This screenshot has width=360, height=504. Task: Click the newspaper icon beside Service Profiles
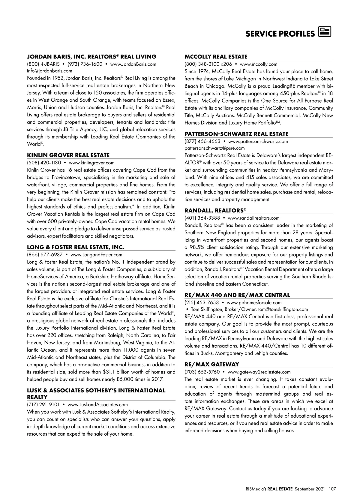click(325, 32)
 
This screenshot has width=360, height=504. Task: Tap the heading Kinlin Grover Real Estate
click(68, 155)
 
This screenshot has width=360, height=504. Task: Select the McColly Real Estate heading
click(216, 56)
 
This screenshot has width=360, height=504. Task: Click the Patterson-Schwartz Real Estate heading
click(236, 134)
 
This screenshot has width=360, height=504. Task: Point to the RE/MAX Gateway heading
click(212, 364)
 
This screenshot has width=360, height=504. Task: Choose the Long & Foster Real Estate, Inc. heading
click(75, 247)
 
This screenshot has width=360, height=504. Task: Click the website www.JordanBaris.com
click(133, 64)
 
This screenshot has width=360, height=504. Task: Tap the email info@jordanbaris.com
click(49, 71)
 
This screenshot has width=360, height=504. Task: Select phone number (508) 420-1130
click(44, 163)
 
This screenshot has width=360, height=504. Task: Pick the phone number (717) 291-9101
click(43, 404)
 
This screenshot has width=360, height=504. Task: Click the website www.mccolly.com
click(259, 64)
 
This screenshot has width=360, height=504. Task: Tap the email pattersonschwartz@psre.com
click(214, 148)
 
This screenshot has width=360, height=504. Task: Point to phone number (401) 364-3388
click(202, 218)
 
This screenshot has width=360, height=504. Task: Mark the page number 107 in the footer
click(332, 489)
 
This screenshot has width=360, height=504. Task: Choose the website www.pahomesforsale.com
click(254, 302)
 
